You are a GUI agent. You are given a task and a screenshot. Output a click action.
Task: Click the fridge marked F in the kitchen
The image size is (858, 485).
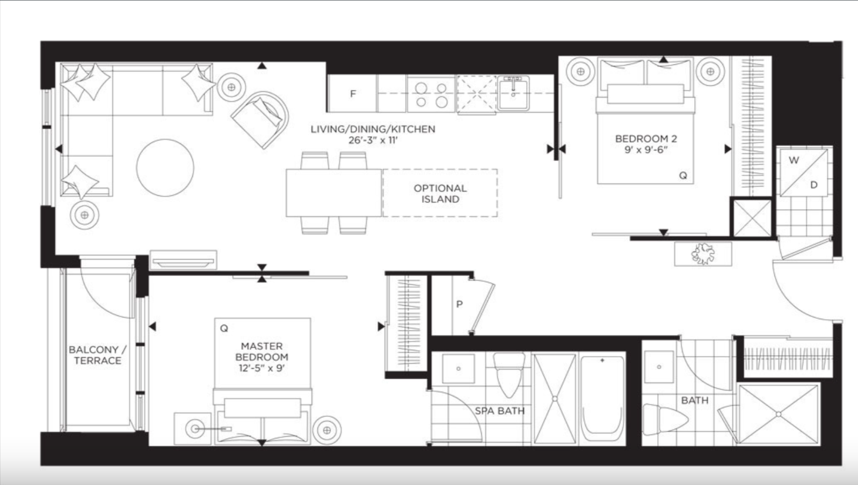click(x=352, y=93)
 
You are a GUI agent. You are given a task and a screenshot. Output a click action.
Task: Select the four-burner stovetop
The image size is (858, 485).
click(x=431, y=94)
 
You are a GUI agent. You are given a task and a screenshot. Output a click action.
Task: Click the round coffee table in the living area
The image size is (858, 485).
click(x=165, y=168)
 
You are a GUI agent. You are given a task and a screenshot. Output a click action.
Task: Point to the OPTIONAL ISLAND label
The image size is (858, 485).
click(x=440, y=194)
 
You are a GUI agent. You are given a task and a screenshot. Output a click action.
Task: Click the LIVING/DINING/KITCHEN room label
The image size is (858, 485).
click(x=373, y=134)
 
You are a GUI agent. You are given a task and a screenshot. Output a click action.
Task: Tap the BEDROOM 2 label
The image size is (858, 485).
click(x=646, y=144)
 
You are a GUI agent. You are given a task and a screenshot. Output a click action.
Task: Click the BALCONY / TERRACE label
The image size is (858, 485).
click(x=97, y=355)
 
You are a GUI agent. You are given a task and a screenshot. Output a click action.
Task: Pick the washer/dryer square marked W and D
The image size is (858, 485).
click(x=804, y=172)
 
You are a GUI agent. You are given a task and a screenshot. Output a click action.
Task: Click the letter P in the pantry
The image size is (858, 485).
click(x=459, y=304)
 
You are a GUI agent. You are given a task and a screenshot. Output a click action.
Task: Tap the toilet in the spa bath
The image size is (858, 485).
click(x=508, y=375)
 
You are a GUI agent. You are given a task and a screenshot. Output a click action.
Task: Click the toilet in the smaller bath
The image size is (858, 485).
click(x=665, y=420)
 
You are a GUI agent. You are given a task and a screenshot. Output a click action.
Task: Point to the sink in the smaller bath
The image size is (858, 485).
click(x=659, y=367)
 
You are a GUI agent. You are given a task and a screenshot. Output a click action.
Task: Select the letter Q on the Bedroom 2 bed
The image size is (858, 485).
click(x=683, y=175)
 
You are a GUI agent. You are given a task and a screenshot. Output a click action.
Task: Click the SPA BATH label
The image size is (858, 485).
click(x=499, y=411)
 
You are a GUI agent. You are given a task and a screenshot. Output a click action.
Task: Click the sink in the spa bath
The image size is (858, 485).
click(x=459, y=369)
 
